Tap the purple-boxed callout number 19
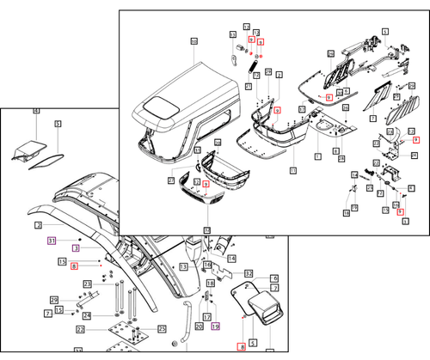(x=216, y=326)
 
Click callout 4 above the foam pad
(x=36, y=112)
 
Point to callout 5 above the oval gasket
(x=58, y=124)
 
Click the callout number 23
(x=87, y=284)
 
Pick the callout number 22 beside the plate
(x=80, y=329)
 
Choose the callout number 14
(x=231, y=258)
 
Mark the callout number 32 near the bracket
(x=249, y=273)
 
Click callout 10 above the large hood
(x=193, y=41)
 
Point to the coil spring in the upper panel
(x=255, y=63)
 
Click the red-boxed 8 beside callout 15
(x=75, y=266)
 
